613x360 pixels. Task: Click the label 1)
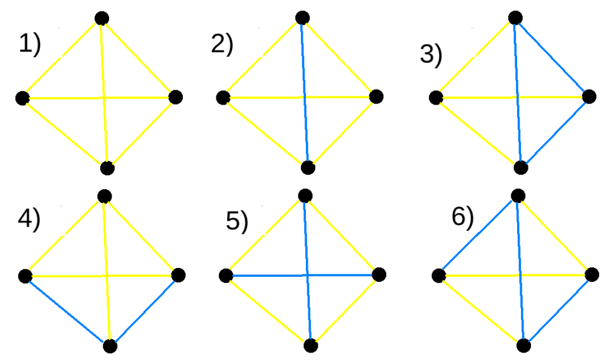click(29, 45)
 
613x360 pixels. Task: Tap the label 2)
click(222, 45)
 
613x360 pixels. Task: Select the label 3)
click(431, 55)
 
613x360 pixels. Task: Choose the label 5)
click(237, 222)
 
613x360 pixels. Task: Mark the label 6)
click(462, 217)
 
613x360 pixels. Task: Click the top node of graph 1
click(102, 18)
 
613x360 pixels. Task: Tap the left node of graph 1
click(23, 98)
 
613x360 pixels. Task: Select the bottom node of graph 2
click(308, 167)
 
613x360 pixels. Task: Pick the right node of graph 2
click(377, 96)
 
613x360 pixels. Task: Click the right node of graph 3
click(589, 96)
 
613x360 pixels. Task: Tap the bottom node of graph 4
click(110, 345)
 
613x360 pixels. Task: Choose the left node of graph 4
click(25, 276)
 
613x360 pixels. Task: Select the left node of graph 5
click(225, 275)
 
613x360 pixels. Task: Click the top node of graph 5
click(305, 195)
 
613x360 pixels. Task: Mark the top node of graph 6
click(517, 195)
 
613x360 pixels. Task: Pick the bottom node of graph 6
click(523, 345)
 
